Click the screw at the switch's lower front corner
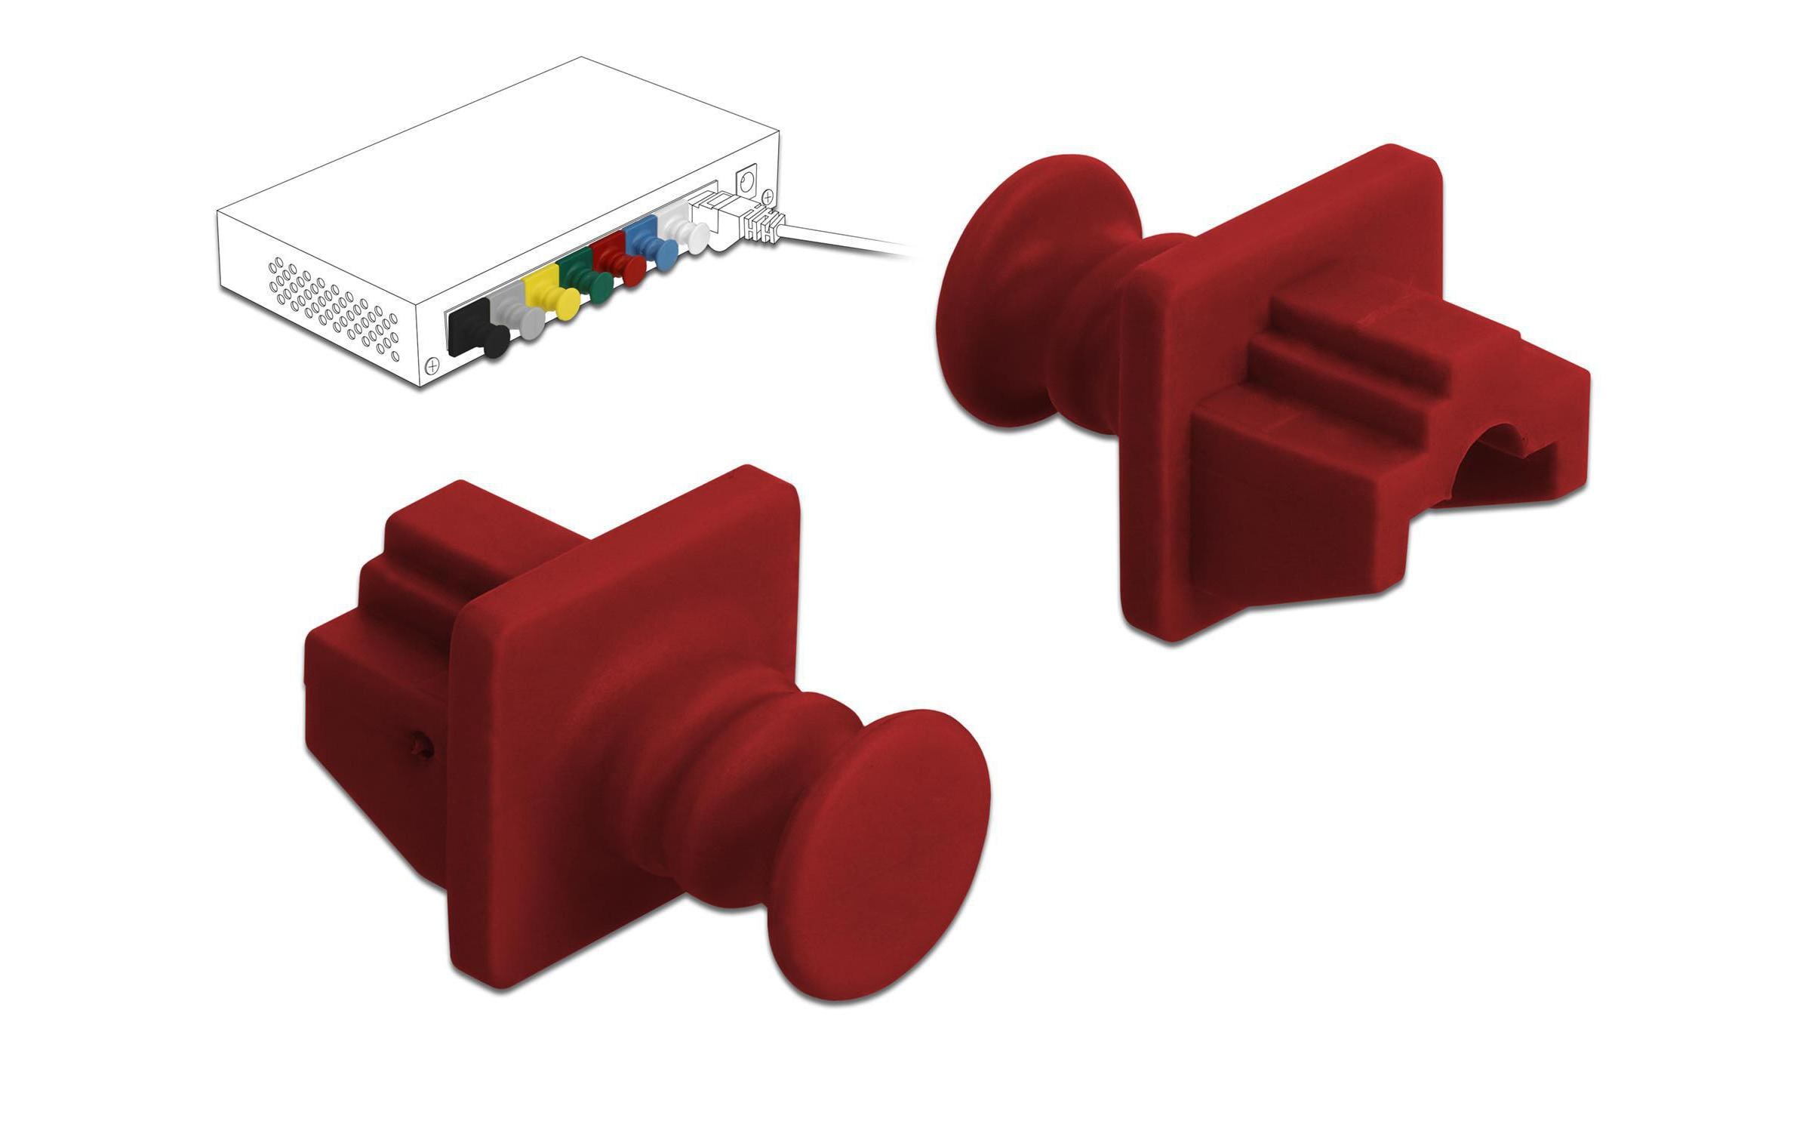tap(432, 366)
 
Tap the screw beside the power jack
tap(768, 197)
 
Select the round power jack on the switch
tap(747, 180)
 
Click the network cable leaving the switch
tap(845, 239)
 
